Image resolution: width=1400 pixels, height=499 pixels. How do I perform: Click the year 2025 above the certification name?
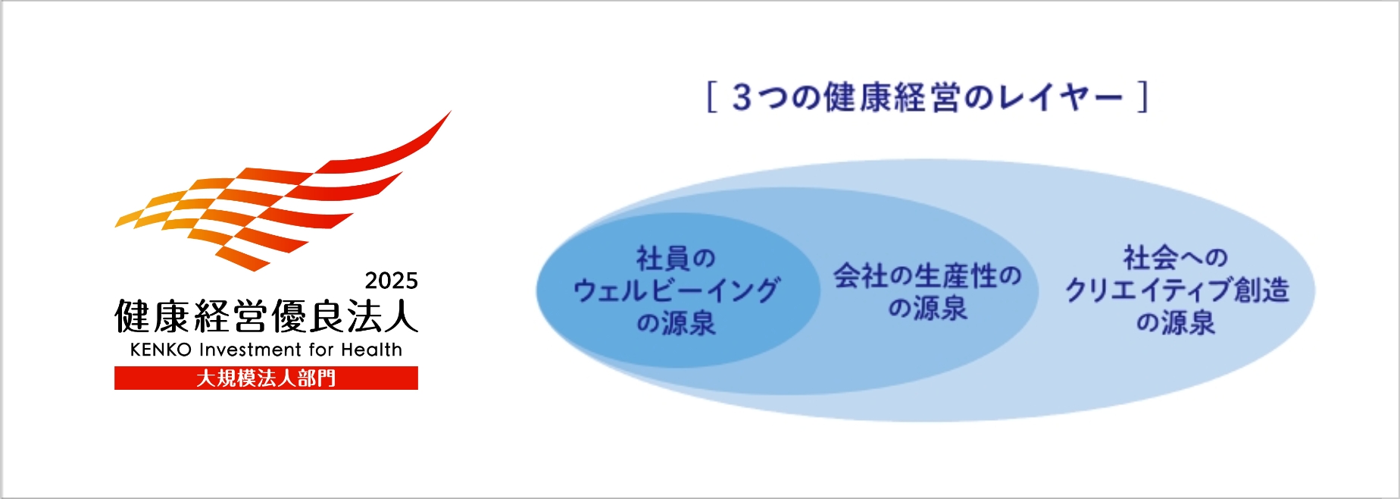point(391,281)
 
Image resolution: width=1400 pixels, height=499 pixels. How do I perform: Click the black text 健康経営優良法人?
point(266,315)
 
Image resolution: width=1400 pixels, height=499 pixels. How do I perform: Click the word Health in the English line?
point(371,350)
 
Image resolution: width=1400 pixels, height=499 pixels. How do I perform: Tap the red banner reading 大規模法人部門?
point(266,378)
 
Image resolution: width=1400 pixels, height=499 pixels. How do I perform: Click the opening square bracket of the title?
point(711,97)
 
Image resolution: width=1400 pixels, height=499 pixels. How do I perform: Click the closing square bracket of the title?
point(1143,97)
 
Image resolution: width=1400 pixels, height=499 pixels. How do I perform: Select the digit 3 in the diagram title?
point(742,98)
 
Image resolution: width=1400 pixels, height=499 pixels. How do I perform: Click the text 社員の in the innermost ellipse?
point(676,259)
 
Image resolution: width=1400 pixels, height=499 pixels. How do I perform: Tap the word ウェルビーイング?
point(676,290)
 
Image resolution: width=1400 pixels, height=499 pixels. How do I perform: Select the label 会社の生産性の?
point(927,275)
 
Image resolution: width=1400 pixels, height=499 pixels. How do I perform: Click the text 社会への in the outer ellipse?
point(1175,258)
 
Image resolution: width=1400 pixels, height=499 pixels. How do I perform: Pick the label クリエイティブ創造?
point(1177,290)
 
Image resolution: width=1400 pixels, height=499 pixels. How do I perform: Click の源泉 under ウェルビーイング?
point(676,323)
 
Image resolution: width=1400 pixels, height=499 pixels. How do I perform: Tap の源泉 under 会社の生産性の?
point(927,308)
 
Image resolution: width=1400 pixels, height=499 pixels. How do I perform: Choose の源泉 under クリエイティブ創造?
point(1175,322)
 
